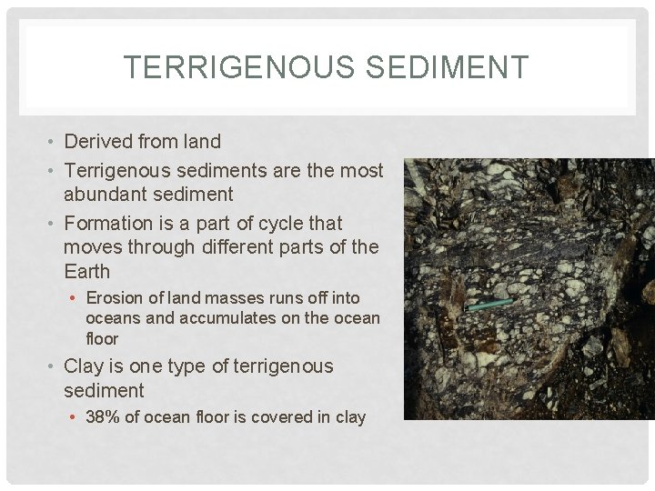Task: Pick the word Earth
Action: tap(87, 272)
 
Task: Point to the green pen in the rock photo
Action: tap(490, 304)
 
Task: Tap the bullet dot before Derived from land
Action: tap(54, 142)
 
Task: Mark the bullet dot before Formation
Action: tap(54, 224)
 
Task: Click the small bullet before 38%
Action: tap(76, 418)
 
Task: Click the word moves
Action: tap(94, 247)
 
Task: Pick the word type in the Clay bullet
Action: tap(205, 366)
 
